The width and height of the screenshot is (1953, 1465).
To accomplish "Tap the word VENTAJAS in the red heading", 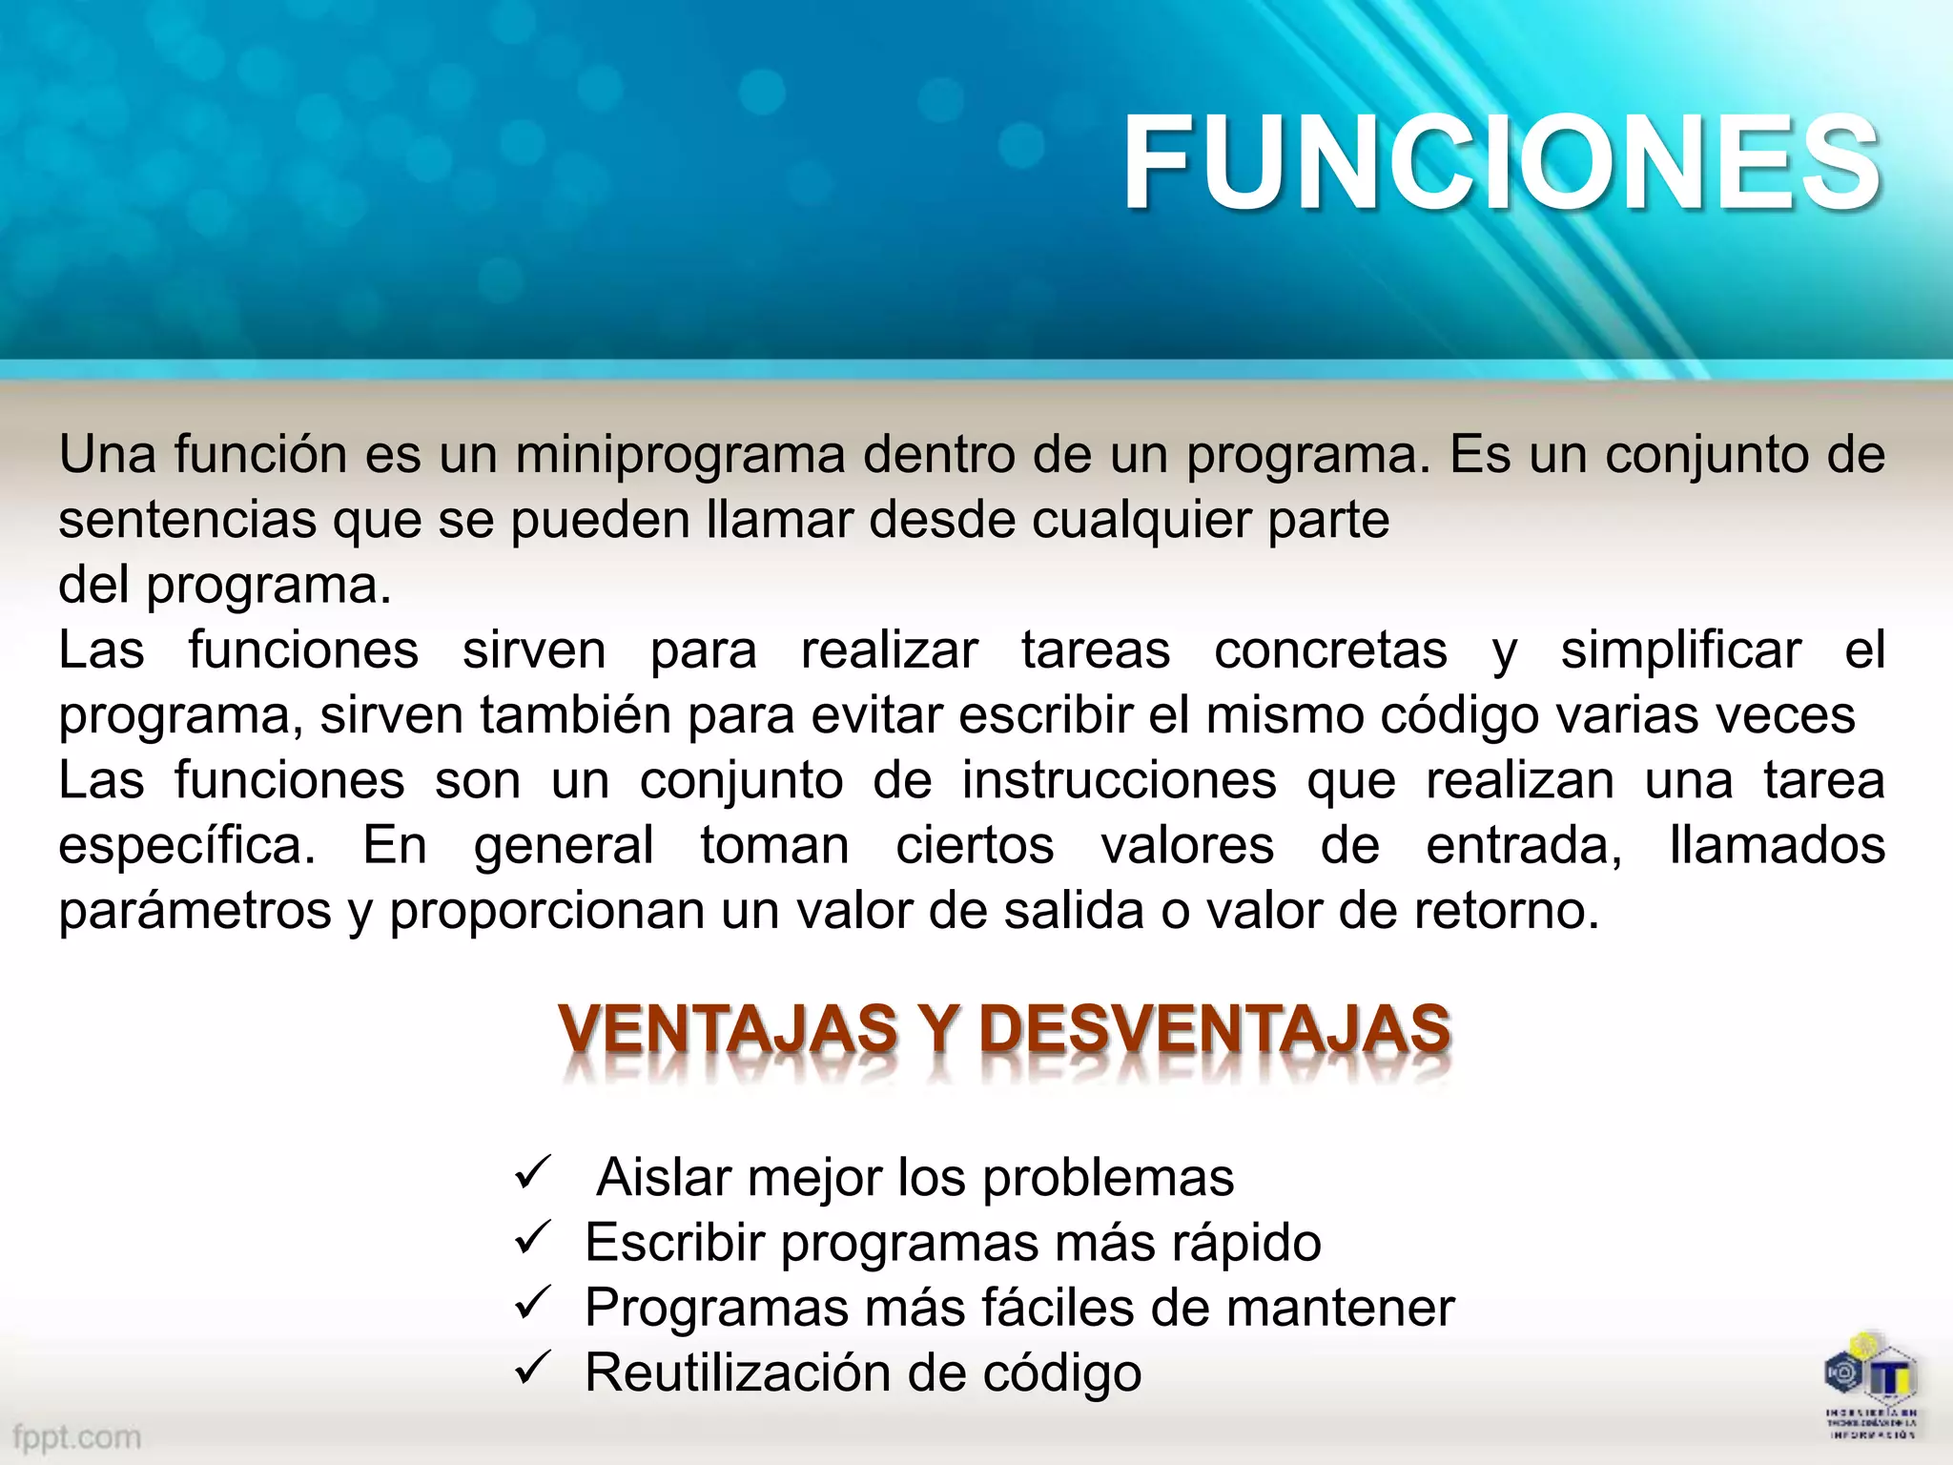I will [x=728, y=1030].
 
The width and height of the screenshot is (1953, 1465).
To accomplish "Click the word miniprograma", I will [x=680, y=455].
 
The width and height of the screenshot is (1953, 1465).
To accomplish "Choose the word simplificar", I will [x=1680, y=650].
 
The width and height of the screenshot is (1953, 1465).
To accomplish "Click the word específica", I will [x=186, y=846].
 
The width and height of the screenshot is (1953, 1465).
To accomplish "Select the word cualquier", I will [x=1141, y=521].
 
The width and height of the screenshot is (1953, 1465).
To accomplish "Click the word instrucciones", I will [x=1118, y=780].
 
